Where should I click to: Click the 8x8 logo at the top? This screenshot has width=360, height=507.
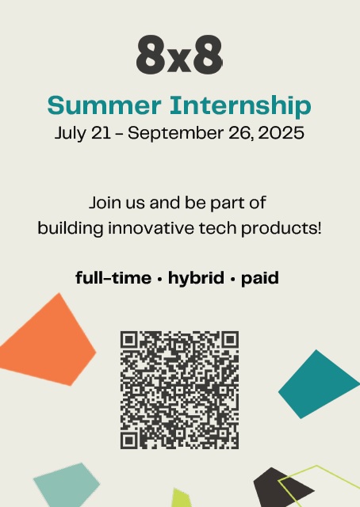(x=179, y=55)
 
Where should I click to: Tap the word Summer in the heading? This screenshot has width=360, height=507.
(x=104, y=105)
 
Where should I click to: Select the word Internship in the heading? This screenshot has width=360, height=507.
(x=240, y=106)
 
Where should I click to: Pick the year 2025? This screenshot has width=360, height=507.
(x=281, y=133)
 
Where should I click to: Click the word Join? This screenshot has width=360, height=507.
(x=104, y=203)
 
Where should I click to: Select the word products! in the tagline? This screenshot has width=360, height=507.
(x=281, y=229)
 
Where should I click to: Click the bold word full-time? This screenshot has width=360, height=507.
(x=113, y=278)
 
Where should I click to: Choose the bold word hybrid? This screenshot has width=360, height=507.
(x=196, y=278)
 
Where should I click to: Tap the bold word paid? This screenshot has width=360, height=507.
(x=260, y=278)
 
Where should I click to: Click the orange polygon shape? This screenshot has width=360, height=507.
(x=48, y=343)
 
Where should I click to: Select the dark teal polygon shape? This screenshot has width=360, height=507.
(x=317, y=384)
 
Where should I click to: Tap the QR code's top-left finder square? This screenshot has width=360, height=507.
(x=128, y=340)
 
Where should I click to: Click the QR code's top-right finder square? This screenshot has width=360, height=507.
(x=230, y=340)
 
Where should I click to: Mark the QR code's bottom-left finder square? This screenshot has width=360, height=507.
(x=128, y=440)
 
